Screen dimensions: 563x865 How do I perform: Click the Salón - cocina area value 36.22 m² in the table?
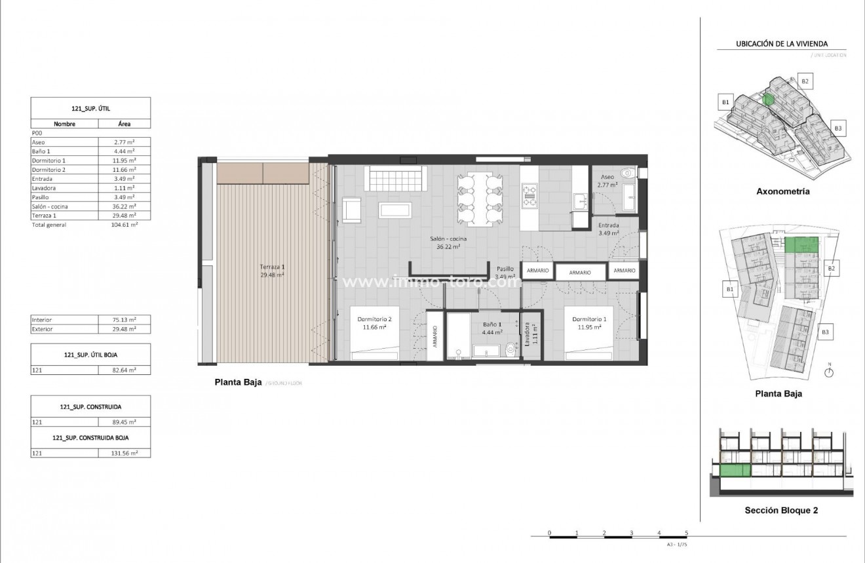pos(123,206)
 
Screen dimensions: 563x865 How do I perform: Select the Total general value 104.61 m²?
pos(124,225)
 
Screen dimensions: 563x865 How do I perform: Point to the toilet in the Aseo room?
pos(629,174)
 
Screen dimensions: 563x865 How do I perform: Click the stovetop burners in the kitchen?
pos(529,194)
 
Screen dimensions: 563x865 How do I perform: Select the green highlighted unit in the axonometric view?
pos(768,100)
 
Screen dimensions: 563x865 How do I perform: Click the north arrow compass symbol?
pos(829,372)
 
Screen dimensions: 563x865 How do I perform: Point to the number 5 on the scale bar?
pos(686,532)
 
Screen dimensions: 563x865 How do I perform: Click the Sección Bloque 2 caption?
pos(781,510)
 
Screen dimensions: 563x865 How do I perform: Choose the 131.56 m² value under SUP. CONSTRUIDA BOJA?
pos(123,454)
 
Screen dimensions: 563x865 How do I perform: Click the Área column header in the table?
pos(124,123)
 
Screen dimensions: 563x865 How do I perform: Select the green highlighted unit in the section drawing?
pos(735,470)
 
